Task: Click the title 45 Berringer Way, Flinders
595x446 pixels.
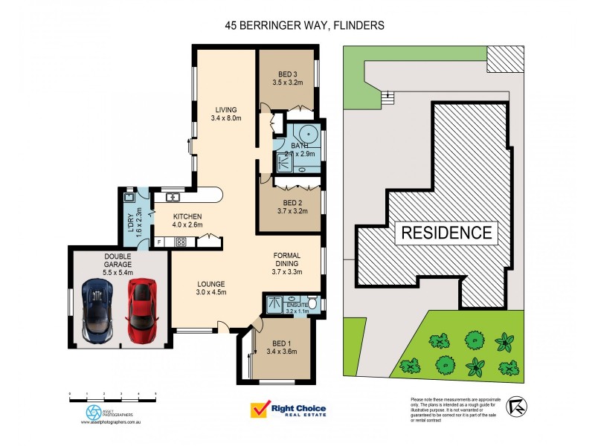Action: [304, 25]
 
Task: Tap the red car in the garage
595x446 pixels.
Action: [142, 311]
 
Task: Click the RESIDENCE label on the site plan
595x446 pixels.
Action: [447, 232]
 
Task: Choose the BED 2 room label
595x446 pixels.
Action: [292, 207]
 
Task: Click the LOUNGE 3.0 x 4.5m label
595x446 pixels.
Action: [211, 288]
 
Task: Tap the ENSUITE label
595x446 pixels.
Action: [292, 306]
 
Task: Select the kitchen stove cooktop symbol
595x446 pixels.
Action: [181, 242]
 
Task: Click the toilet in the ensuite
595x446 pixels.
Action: [313, 303]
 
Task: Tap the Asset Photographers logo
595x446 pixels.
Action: [94, 413]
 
